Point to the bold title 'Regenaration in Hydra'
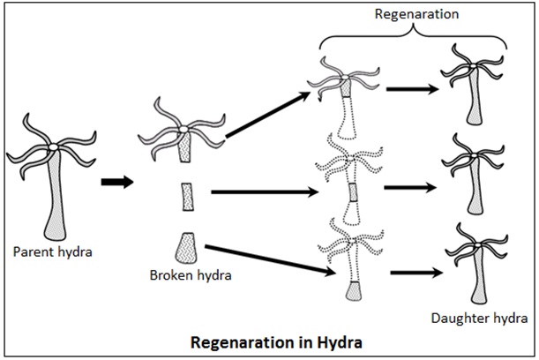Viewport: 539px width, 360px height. click(x=268, y=341)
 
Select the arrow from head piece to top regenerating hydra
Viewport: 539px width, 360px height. click(x=268, y=113)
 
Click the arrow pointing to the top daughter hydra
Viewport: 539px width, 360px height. click(x=409, y=89)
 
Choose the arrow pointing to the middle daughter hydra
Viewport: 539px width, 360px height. click(x=409, y=188)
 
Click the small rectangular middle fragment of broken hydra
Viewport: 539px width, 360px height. click(x=186, y=196)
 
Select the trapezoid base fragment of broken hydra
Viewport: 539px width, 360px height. click(x=185, y=248)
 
